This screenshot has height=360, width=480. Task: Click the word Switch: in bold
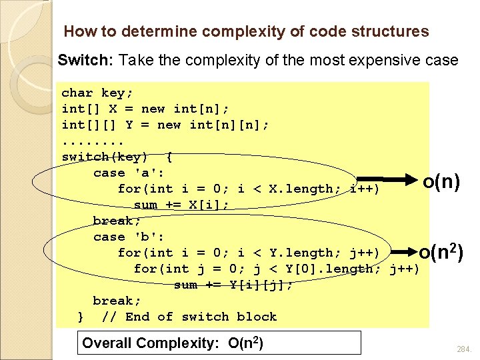coord(86,60)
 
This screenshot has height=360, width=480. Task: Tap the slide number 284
coord(463,349)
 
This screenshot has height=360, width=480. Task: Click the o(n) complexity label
coord(441,181)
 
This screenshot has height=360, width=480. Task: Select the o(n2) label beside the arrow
coord(442,251)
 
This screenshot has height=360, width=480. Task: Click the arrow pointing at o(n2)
coord(400,252)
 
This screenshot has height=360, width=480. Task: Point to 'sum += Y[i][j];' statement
coord(233,285)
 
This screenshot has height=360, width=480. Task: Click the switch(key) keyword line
coord(117,157)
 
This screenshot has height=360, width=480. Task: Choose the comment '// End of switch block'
coord(189,317)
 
